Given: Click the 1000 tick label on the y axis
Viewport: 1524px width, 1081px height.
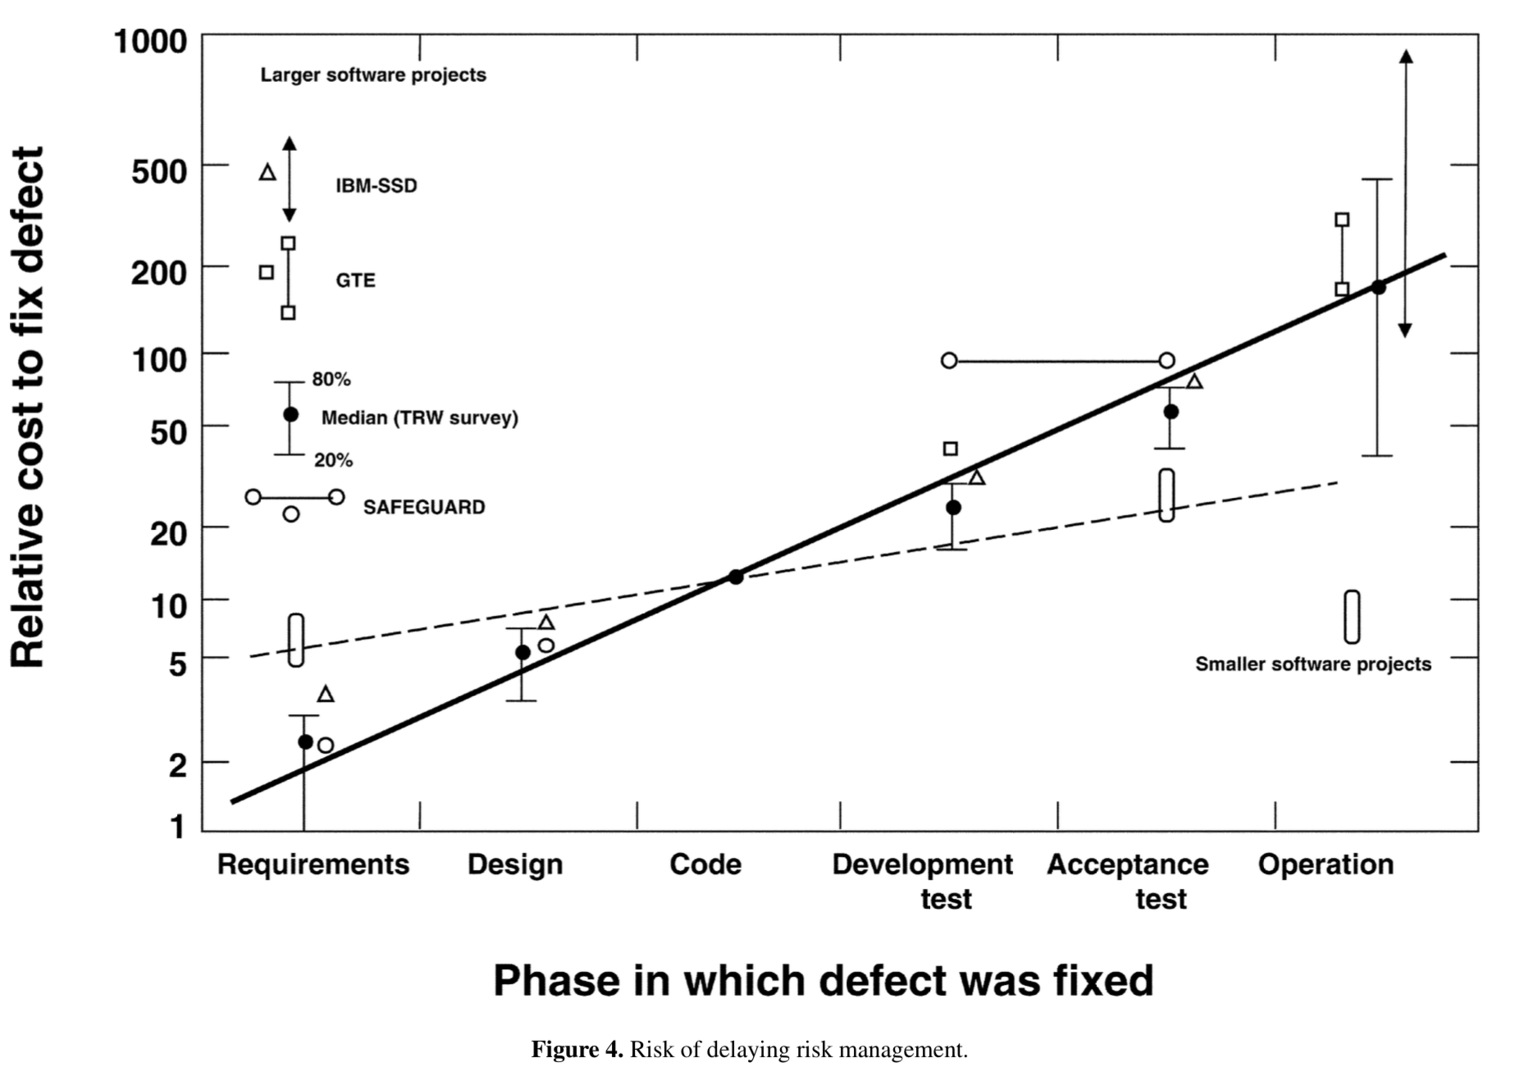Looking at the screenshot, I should [150, 41].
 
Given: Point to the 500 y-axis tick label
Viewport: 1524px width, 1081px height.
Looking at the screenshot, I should [159, 171].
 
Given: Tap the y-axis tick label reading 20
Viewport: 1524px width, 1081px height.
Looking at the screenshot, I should [168, 533].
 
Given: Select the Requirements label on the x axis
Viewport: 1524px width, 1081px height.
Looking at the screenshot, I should [313, 864].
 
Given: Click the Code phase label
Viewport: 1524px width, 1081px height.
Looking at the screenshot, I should [705, 864].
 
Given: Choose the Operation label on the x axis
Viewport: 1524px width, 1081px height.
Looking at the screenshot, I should [1326, 864].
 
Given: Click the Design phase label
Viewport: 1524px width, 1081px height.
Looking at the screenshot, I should [515, 864].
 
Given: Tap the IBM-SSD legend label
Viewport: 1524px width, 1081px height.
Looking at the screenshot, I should [376, 186].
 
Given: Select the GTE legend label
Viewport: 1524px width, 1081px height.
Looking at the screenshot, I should [355, 281].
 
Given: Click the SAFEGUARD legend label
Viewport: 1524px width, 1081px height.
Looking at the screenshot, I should [423, 508].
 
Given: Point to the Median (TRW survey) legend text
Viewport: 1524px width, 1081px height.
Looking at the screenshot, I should [419, 418].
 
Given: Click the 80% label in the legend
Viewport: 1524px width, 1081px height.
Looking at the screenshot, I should [331, 379].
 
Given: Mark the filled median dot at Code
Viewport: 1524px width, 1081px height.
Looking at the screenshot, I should [736, 577].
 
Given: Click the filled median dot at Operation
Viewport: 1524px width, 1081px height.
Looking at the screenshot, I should [1378, 287].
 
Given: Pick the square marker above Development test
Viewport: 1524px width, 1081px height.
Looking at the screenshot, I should [951, 449].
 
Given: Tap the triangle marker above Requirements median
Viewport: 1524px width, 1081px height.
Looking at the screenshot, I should [326, 695].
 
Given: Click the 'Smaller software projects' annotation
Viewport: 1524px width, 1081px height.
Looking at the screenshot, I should [1312, 664].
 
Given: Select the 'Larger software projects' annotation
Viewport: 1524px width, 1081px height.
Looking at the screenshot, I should [373, 75].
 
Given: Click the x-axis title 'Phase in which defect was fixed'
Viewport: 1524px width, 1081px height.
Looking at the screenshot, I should [823, 980].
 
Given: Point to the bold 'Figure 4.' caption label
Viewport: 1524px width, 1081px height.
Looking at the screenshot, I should [577, 1050].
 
